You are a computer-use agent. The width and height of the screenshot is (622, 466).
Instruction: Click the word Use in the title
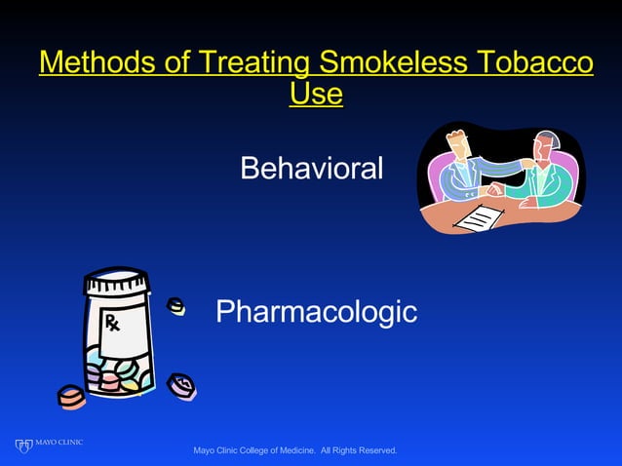[317, 95]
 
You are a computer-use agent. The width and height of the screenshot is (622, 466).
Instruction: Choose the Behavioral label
[311, 169]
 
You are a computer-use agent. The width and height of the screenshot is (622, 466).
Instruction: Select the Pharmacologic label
[316, 312]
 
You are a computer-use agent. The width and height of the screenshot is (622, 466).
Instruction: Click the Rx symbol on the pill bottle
[111, 323]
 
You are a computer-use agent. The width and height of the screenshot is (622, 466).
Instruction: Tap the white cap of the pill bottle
[117, 285]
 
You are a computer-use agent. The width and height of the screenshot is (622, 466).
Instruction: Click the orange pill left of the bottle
[71, 396]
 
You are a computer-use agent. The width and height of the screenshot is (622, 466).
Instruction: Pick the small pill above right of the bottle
[176, 307]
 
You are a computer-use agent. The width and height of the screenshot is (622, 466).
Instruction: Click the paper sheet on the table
[478, 217]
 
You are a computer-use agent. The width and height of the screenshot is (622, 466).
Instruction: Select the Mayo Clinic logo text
[59, 444]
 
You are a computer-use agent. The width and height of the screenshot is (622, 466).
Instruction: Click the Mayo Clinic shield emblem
[24, 447]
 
